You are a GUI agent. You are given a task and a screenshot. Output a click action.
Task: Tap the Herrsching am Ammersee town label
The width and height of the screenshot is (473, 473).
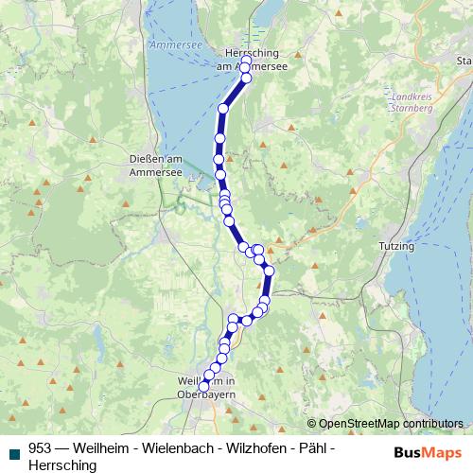(252, 60)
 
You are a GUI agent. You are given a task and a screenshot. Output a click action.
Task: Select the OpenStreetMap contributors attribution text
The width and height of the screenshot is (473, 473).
(391, 423)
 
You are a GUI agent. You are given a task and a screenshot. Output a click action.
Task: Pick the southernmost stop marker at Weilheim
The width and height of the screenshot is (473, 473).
(203, 386)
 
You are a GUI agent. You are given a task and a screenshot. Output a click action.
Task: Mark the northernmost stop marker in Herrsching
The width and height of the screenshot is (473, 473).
(246, 61)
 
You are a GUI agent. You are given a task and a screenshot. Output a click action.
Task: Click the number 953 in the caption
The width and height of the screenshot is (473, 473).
(41, 450)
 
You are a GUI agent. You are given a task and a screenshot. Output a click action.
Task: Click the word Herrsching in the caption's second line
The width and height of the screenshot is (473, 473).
(62, 466)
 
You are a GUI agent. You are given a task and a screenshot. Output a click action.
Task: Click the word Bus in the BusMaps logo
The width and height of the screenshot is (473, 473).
(411, 451)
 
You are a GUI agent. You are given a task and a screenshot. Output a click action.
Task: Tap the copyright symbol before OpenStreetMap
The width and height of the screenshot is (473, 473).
(312, 423)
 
